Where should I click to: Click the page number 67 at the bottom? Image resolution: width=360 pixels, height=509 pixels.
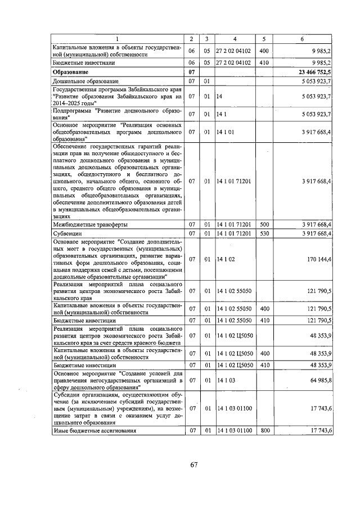click(193, 465)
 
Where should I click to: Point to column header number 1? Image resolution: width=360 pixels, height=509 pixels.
click(118, 38)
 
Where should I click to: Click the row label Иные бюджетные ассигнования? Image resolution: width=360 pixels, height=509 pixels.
click(94, 431)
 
